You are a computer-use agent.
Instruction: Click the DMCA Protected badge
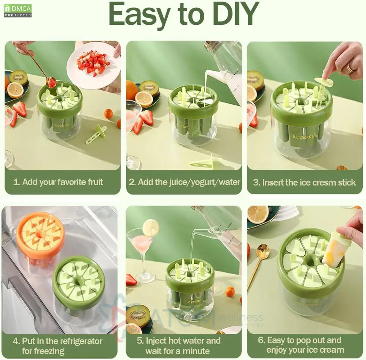(18, 11)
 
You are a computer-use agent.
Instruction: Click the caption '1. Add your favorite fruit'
(58, 182)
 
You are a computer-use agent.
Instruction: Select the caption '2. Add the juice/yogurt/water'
(184, 182)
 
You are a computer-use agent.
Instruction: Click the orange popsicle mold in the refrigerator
(40, 234)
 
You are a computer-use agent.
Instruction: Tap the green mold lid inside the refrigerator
(78, 282)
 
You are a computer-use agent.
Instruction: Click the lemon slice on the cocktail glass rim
(150, 228)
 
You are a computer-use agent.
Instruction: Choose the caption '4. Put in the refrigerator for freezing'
(58, 346)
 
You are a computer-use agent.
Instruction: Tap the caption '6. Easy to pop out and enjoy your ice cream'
(305, 345)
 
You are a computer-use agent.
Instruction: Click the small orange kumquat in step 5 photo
(230, 292)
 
